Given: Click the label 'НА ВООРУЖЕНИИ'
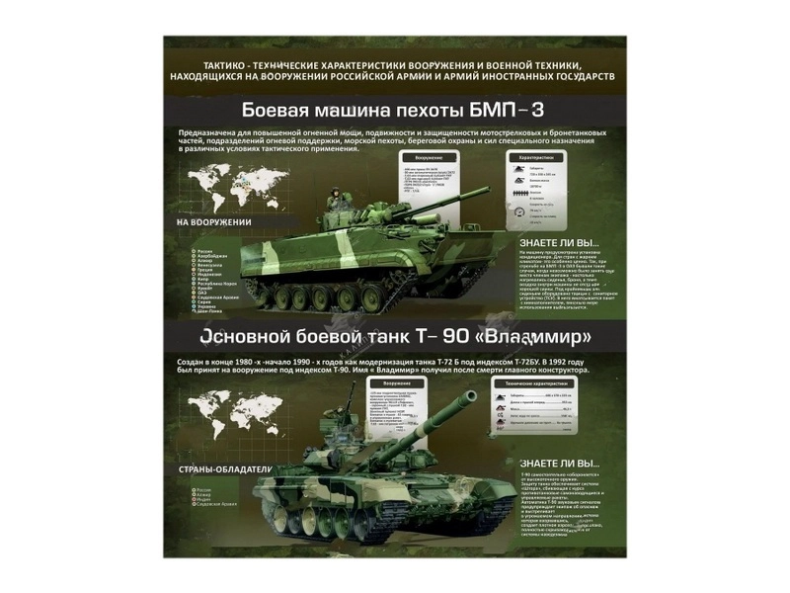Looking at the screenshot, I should click(213, 222).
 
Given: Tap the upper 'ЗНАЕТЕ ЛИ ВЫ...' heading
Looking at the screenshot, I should click(559, 242).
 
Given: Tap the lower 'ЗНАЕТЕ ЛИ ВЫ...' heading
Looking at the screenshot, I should click(559, 463).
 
